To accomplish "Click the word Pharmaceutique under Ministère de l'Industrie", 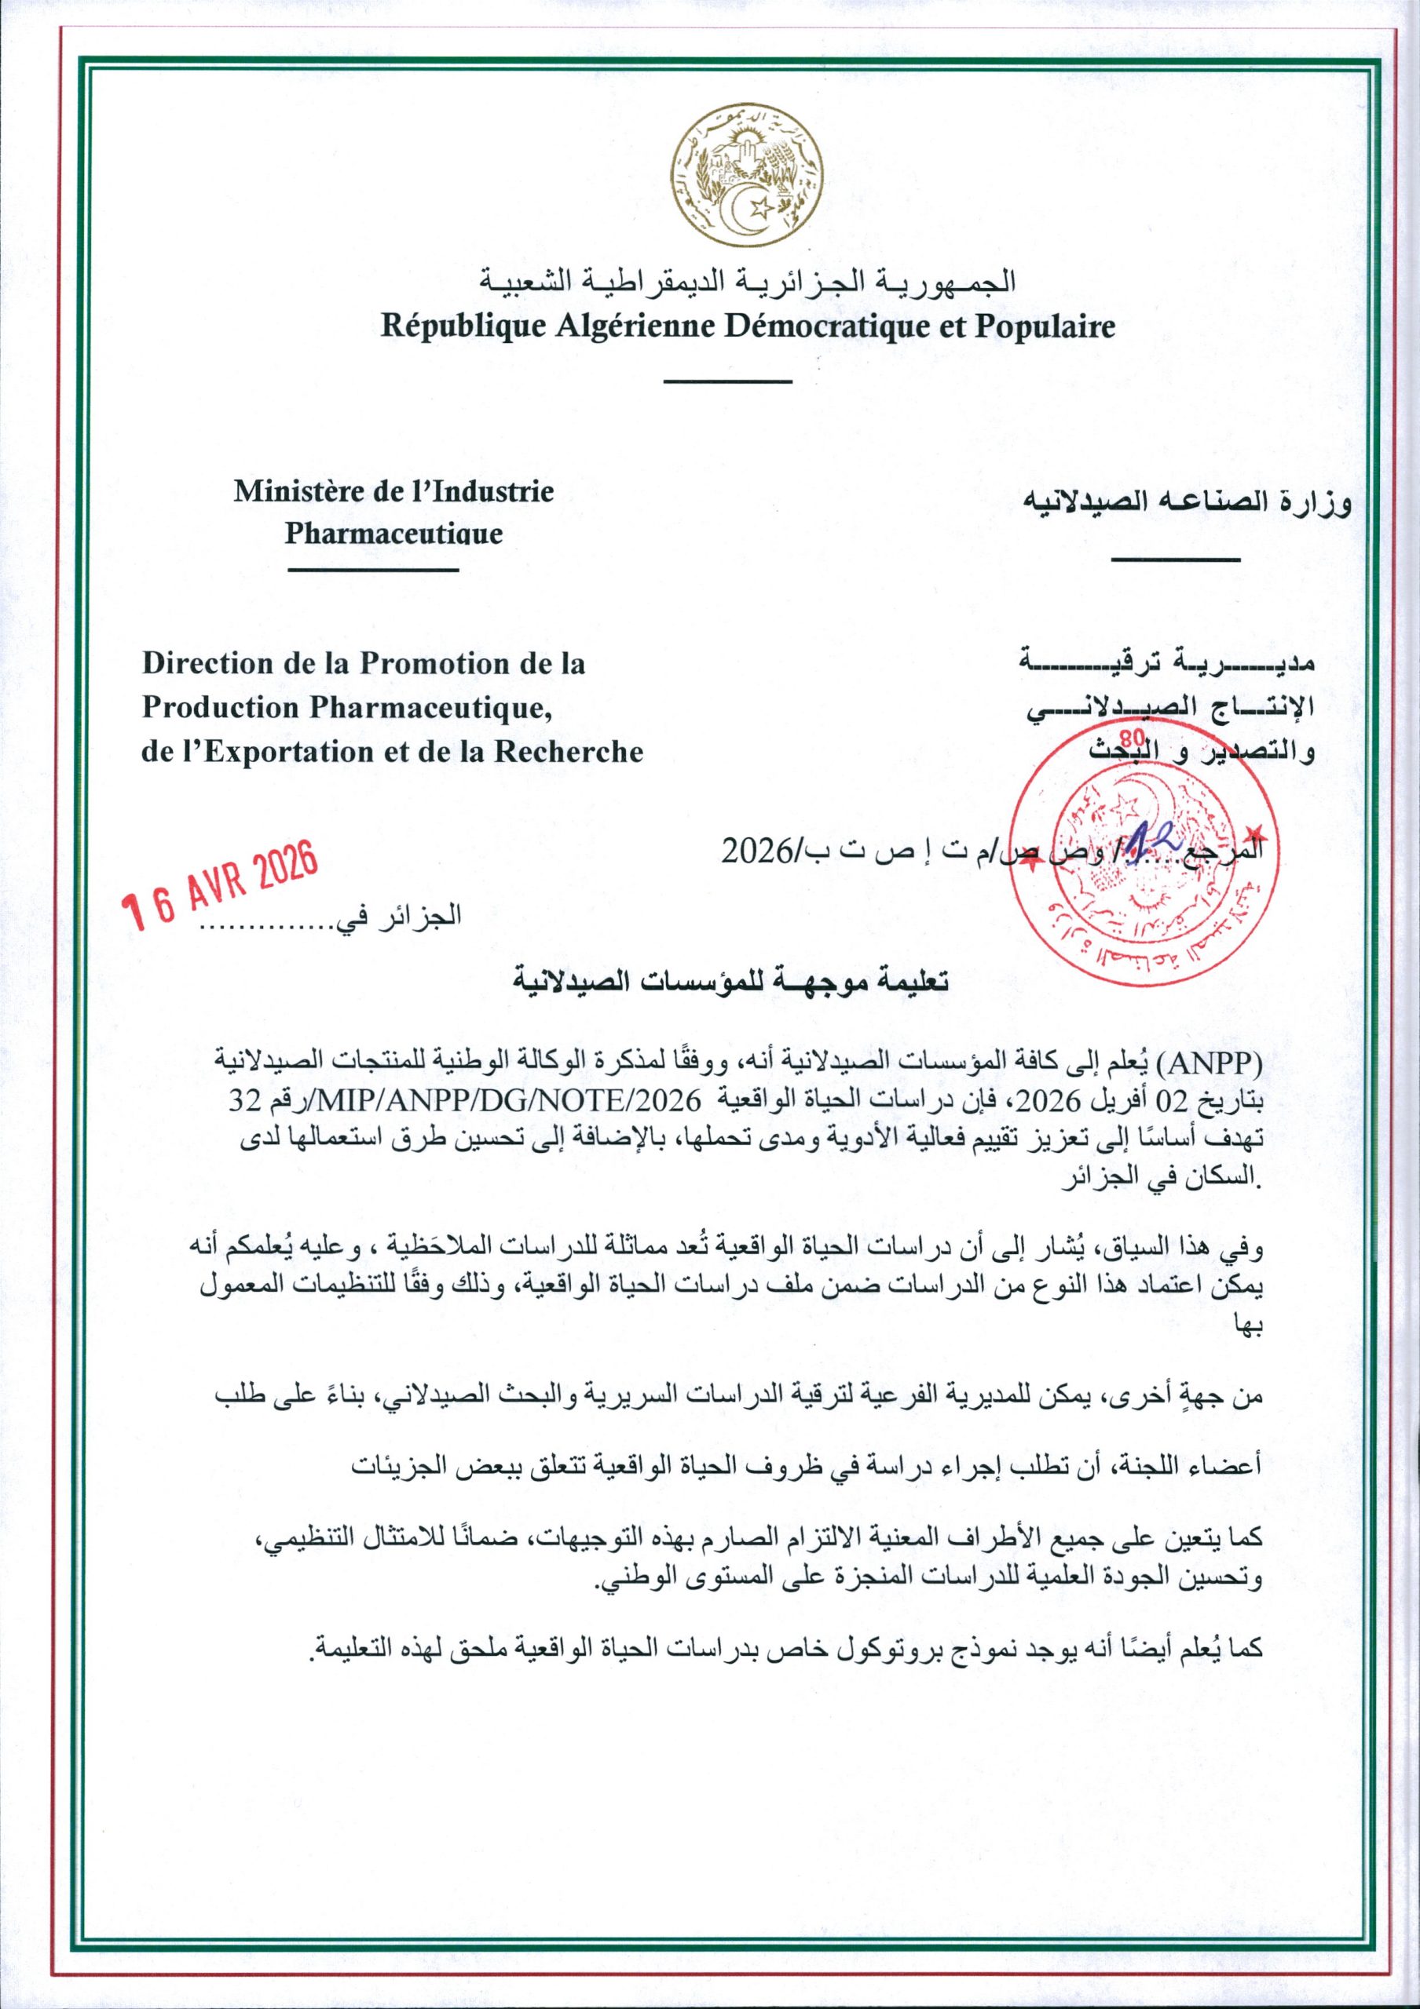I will click(x=394, y=534).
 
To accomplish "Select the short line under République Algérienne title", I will click(x=727, y=382).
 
